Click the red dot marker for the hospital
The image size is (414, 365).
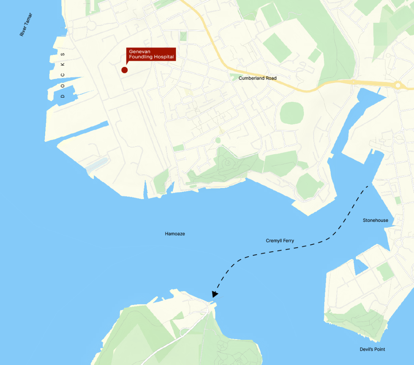click(124, 70)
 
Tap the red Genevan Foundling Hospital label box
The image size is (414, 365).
click(151, 54)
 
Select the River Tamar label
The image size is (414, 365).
click(26, 25)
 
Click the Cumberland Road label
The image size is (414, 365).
click(258, 78)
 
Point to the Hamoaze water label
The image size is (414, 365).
click(175, 234)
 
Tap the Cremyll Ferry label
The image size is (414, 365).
click(280, 241)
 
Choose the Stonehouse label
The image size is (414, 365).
click(375, 220)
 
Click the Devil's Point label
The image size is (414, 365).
click(372, 349)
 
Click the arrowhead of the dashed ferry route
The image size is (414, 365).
click(215, 294)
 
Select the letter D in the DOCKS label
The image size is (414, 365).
click(63, 96)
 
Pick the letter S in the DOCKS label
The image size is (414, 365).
click(63, 54)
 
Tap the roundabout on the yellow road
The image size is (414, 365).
click(398, 85)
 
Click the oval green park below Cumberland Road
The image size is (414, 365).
click(292, 113)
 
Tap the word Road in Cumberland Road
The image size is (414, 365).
click(270, 78)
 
